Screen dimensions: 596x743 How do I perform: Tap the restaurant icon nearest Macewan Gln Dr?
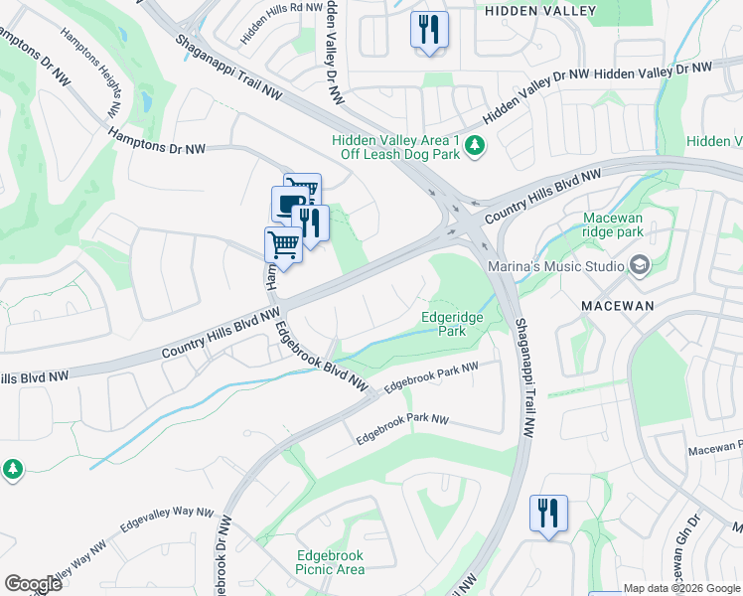click(548, 513)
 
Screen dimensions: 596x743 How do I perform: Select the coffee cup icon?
click(289, 205)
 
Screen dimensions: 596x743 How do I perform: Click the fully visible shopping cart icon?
click(283, 244)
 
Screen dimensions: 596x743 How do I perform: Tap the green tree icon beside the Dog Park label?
click(476, 147)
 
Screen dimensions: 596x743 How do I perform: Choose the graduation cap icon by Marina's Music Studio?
click(639, 265)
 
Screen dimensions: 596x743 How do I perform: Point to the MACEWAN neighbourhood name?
click(618, 305)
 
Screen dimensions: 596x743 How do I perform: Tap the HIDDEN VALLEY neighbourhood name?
click(540, 11)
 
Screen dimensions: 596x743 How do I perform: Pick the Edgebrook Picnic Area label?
click(330, 562)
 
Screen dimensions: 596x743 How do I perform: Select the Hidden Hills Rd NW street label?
click(282, 22)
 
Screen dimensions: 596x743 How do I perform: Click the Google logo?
click(33, 584)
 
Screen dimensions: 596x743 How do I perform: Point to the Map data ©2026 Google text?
click(680, 589)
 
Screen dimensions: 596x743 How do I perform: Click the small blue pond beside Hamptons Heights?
click(147, 101)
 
